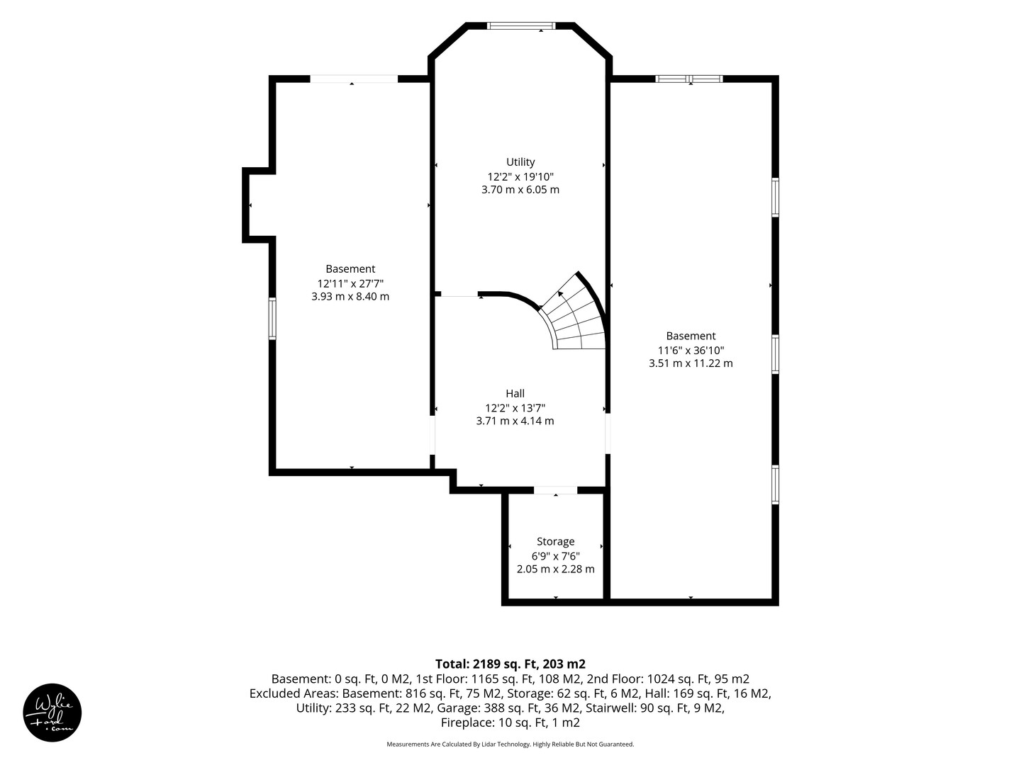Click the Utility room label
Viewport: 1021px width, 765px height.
coord(520,162)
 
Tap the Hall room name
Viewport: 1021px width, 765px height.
coord(515,393)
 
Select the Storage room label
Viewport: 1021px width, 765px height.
coord(555,542)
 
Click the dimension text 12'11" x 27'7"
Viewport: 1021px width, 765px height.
coord(350,283)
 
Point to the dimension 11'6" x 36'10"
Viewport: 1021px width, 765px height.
coord(691,350)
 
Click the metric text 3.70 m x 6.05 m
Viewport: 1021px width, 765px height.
coord(520,190)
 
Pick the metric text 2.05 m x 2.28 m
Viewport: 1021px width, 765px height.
coord(555,569)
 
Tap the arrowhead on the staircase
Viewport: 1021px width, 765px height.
coord(561,293)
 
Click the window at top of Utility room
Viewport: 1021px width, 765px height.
coord(521,25)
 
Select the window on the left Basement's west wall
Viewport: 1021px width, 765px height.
coord(272,319)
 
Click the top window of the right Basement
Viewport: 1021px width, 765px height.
coord(689,79)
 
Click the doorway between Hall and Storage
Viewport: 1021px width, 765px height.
coord(555,490)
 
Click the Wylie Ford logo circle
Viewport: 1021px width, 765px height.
coord(52,713)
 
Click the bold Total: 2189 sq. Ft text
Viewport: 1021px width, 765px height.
coord(510,664)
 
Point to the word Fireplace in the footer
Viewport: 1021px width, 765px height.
coord(467,722)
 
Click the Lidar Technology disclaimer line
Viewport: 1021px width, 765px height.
coord(510,744)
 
